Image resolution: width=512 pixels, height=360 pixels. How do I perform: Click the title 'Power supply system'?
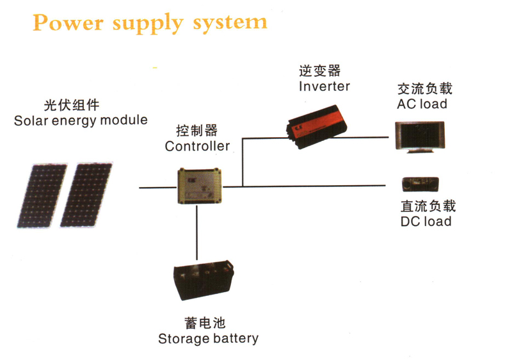click(x=150, y=22)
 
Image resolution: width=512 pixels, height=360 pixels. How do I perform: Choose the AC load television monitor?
click(x=415, y=135)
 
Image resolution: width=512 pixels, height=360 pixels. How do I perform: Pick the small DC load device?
click(x=419, y=184)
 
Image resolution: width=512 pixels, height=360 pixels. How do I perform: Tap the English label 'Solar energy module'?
click(x=81, y=120)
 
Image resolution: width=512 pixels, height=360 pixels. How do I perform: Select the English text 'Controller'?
click(x=197, y=146)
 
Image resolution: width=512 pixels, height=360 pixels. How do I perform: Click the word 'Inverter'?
click(x=324, y=86)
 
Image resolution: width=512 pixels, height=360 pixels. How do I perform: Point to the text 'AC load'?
click(x=422, y=104)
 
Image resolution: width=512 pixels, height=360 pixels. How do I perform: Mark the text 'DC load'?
click(x=426, y=222)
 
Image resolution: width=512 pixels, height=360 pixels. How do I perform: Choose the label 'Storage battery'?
click(x=208, y=339)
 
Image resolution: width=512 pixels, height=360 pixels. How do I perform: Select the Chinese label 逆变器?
click(x=319, y=70)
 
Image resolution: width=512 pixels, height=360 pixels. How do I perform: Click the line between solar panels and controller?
click(x=157, y=187)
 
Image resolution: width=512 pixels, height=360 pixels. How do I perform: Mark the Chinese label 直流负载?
click(x=428, y=206)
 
